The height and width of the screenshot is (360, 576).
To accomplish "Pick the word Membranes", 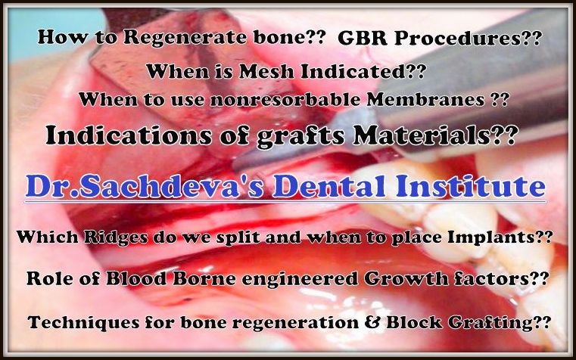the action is point(425,99).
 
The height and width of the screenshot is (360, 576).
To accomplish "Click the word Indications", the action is point(129,135).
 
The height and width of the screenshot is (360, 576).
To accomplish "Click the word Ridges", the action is point(116,237).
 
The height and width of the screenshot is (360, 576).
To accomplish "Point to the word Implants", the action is point(490,237).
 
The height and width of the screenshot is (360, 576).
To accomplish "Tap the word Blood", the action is point(136,279).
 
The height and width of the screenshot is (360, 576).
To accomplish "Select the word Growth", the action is point(406,279).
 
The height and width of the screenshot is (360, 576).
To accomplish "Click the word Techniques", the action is point(83,323).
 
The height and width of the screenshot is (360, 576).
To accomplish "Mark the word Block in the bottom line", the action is point(414,323).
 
